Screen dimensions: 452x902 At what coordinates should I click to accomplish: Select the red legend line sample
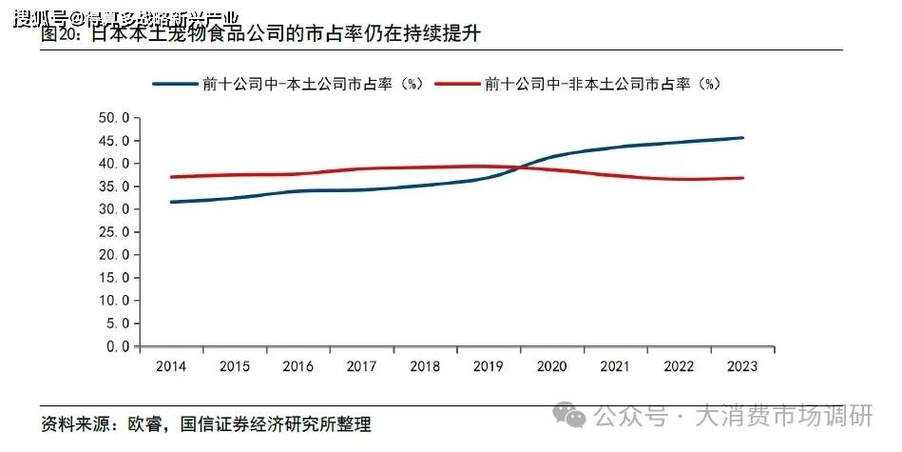coord(457,84)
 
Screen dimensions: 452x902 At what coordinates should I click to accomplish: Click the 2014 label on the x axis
coord(172,366)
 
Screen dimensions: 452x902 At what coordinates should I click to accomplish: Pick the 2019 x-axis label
coord(489,366)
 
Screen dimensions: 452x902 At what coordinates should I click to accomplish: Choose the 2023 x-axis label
coord(742,366)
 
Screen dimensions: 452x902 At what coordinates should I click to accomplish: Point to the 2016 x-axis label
coord(298,366)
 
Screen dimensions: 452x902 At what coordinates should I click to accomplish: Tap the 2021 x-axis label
coord(616,366)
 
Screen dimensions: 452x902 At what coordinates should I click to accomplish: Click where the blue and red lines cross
coord(521,167)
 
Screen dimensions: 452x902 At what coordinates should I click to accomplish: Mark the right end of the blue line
coord(743,138)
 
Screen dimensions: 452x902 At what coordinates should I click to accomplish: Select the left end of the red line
coord(172,177)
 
